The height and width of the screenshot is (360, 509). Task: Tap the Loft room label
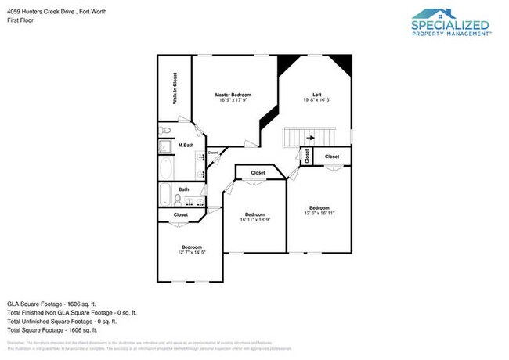pyautogui.click(x=317, y=94)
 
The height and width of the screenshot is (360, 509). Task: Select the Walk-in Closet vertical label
pyautogui.click(x=175, y=89)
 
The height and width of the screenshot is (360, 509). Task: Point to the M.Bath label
pyautogui.click(x=186, y=146)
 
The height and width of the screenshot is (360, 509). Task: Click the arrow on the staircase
pyautogui.click(x=310, y=138)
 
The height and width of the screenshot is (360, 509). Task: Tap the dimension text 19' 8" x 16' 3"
pyautogui.click(x=317, y=100)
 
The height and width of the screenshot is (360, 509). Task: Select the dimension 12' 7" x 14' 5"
pyautogui.click(x=192, y=252)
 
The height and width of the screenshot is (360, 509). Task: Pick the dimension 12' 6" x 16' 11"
pyautogui.click(x=319, y=213)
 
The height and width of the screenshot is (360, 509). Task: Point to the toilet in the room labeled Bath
pyautogui.click(x=177, y=199)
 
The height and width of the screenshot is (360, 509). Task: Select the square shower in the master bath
pyautogui.click(x=165, y=146)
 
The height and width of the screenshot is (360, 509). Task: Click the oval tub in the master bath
pyautogui.click(x=167, y=167)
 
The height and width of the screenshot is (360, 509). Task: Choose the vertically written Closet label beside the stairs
pyautogui.click(x=309, y=157)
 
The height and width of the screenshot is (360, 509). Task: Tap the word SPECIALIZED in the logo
pyautogui.click(x=451, y=24)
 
